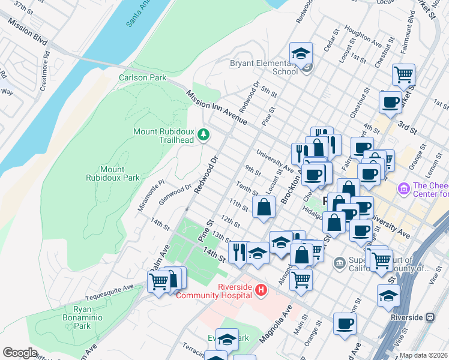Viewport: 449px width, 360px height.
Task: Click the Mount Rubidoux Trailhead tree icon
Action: pyautogui.click(x=203, y=134)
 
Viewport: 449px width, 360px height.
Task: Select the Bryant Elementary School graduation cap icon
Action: pyautogui.click(x=301, y=53)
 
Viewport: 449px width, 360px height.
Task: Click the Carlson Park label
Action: pyautogui.click(x=142, y=77)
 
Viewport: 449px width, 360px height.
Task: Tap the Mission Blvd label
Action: pyautogui.click(x=28, y=31)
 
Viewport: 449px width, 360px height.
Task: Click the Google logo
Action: pyautogui.click(x=20, y=353)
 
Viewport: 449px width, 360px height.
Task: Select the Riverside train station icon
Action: pyautogui.click(x=430, y=317)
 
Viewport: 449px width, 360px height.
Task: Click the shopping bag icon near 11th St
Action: pyautogui.click(x=264, y=208)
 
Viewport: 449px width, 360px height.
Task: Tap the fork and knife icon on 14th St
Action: pyautogui.click(x=239, y=251)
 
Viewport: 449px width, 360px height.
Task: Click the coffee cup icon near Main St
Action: pyautogui.click(x=345, y=324)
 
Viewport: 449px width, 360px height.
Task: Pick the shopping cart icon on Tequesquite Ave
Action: pyautogui.click(x=158, y=281)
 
